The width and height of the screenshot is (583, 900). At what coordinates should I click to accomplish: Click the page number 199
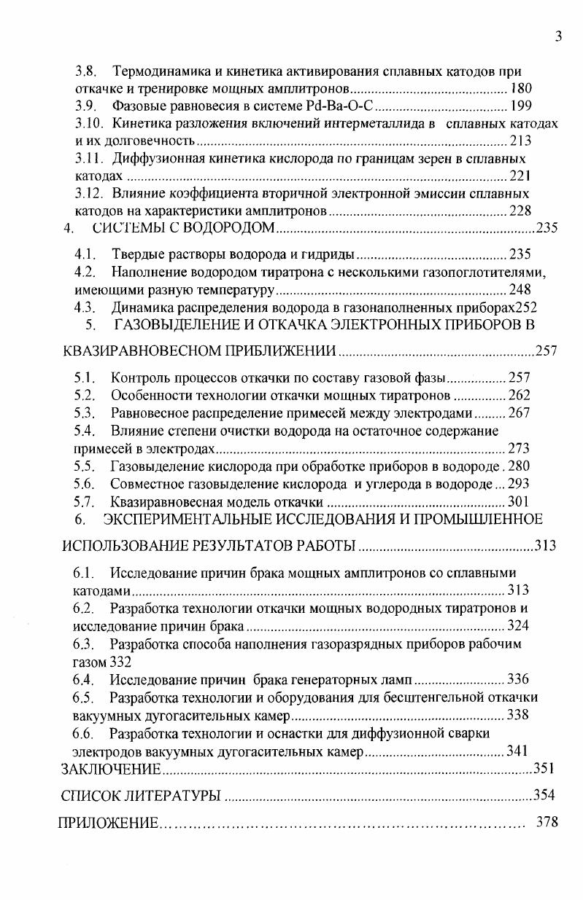(521, 107)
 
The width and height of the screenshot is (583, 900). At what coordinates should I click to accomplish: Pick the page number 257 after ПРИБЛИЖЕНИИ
(547, 352)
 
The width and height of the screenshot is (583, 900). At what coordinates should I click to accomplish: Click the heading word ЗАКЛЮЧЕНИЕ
(110, 769)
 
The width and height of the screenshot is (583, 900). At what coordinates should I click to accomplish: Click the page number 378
(547, 823)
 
